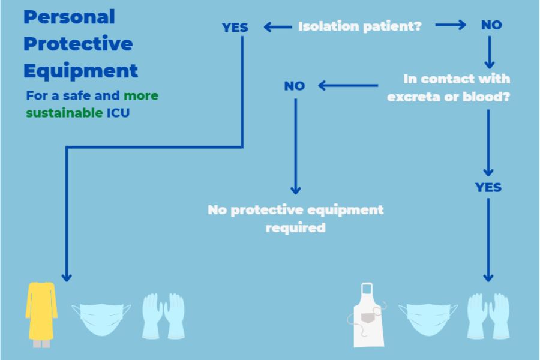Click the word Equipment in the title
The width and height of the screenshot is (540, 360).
(81, 71)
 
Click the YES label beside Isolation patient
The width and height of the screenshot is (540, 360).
(235, 28)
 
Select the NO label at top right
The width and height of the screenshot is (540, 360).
(491, 25)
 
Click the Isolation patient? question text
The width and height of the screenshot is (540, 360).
(360, 26)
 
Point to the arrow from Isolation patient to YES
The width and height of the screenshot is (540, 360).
(277, 26)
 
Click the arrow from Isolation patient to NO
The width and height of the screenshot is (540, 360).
(450, 25)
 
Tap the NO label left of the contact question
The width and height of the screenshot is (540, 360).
(295, 86)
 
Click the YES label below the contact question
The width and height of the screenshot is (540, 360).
(488, 188)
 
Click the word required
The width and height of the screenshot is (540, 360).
(295, 228)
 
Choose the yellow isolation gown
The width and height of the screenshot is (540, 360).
(41, 312)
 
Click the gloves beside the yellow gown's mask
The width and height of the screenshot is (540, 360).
(163, 315)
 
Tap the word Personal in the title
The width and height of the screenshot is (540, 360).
(69, 17)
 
